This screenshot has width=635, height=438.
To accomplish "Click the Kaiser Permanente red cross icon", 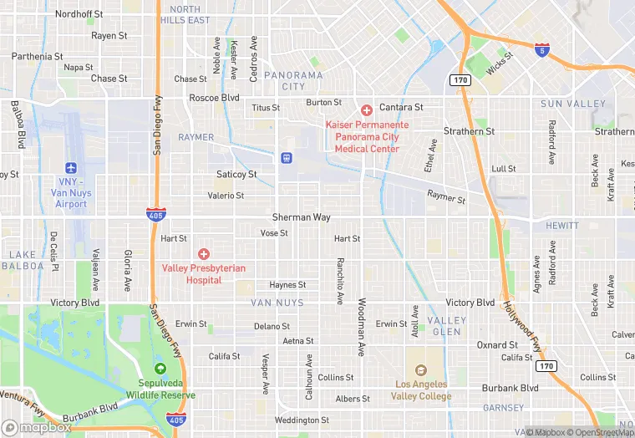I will pos(366,110).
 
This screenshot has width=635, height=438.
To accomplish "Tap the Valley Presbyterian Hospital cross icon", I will pos(203,253).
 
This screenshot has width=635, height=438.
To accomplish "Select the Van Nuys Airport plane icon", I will pos(69,168).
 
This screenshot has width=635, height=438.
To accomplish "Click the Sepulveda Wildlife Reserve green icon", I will pos(160,369).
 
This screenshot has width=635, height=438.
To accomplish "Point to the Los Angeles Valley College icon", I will pos(420,370).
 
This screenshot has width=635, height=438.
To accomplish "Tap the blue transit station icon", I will pos(286,156).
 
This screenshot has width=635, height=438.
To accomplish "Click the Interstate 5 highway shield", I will pos(542,49).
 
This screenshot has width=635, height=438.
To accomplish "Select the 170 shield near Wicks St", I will pos(460,79).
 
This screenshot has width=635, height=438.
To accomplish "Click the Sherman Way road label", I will pos(301,217).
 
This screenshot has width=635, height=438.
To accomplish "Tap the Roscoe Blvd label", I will pos(214,98).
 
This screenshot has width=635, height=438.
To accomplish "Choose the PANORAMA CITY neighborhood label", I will pos(292,80).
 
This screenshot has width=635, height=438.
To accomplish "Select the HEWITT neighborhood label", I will pos(561,226).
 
